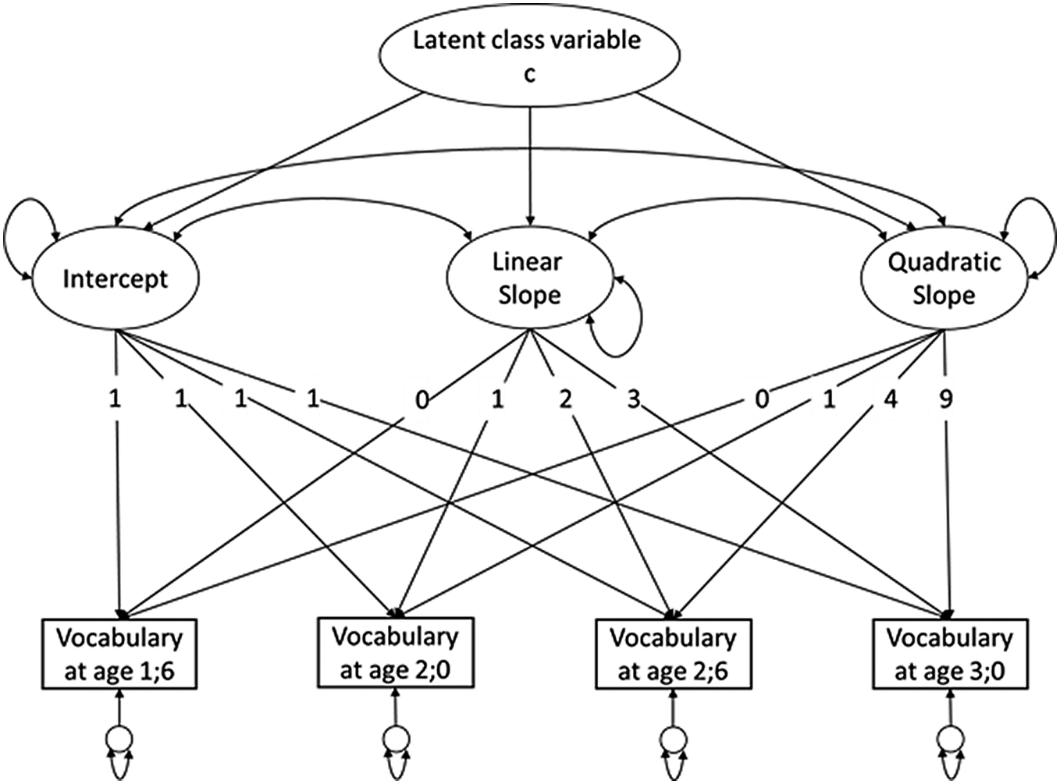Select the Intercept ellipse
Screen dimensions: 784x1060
(115, 278)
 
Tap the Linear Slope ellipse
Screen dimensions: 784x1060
(528, 278)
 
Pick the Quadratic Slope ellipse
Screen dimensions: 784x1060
(943, 278)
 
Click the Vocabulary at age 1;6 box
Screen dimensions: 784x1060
(119, 654)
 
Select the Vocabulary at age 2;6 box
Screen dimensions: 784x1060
(673, 654)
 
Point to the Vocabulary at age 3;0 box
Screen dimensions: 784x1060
(950, 654)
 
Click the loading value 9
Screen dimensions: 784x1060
(945, 400)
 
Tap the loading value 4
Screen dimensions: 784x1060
(891, 400)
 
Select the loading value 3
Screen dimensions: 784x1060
(633, 400)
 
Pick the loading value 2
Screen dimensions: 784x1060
(565, 400)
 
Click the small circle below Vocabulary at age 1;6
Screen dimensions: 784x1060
(119, 737)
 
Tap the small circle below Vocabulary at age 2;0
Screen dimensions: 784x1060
(396, 737)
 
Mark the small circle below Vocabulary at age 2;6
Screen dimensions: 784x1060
(673, 737)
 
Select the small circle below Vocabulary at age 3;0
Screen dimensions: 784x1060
(950, 737)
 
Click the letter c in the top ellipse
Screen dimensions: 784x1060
(529, 74)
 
